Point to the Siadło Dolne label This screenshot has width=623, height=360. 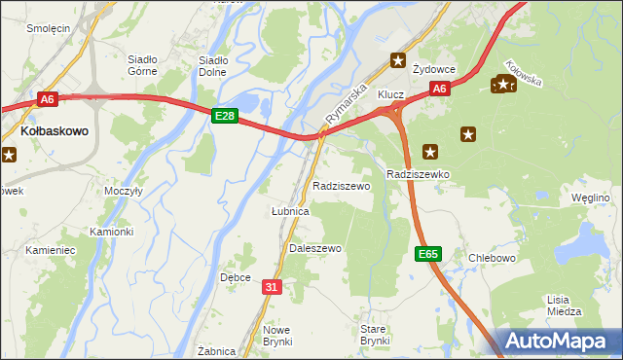(212, 65)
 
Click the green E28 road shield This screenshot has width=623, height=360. (225, 116)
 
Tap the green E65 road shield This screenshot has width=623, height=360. (427, 254)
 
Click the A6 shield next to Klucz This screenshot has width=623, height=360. (440, 89)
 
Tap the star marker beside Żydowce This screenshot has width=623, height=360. (397, 60)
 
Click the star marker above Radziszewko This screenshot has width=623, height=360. (430, 152)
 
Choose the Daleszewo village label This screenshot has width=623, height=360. (315, 248)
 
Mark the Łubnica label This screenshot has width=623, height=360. (289, 210)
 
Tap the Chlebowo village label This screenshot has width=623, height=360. (491, 258)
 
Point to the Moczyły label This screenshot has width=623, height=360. (124, 191)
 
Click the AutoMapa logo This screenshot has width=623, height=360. (561, 342)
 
